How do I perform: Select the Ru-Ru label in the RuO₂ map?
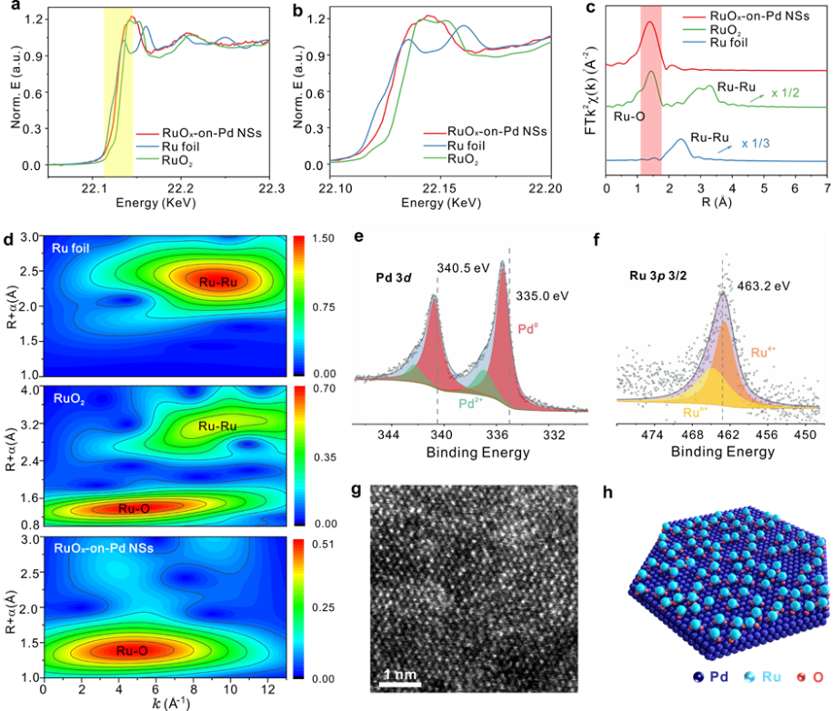click(217, 425)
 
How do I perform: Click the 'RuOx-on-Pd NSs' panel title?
click(104, 547)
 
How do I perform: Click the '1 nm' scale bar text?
click(397, 676)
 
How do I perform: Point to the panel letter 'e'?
click(359, 237)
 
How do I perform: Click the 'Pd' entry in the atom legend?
click(712, 676)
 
